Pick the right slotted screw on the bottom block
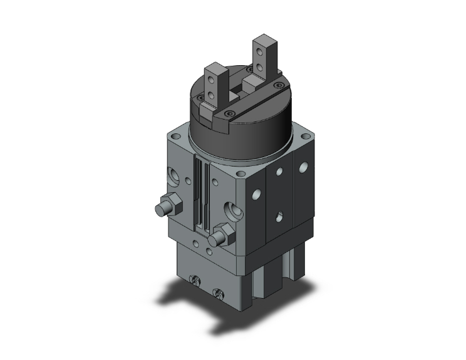tap(218, 293)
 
